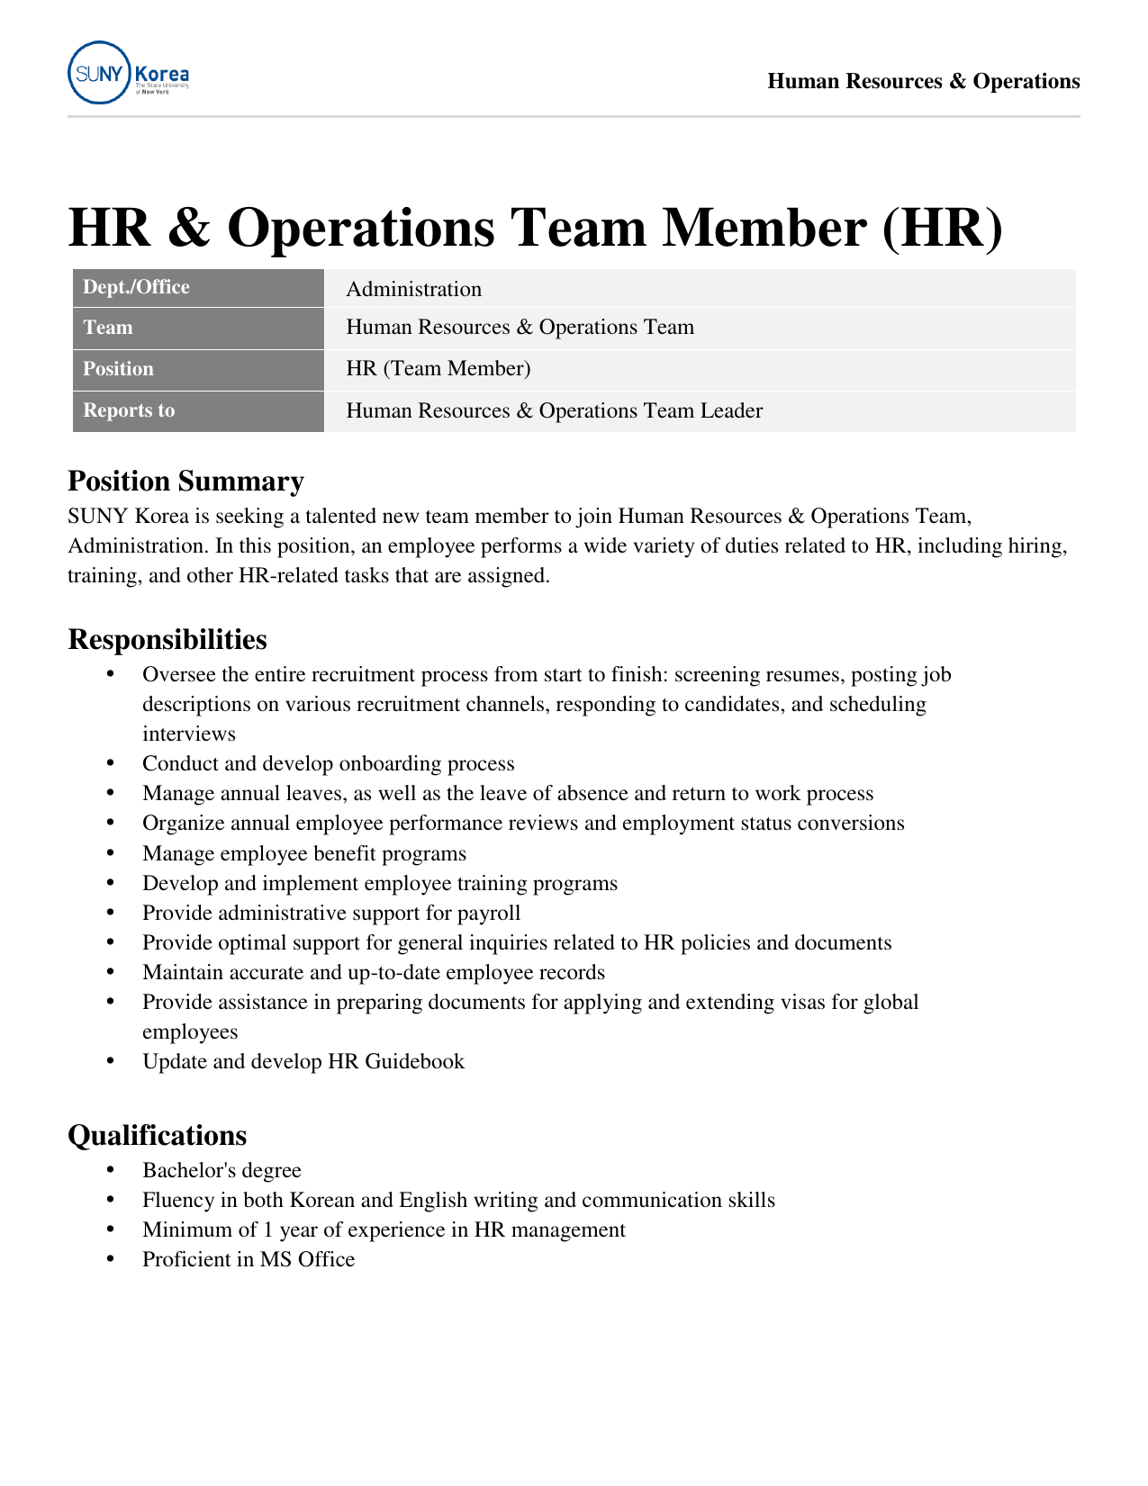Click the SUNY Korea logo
[128, 73]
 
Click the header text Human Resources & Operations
[923, 82]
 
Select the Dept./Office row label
[136, 288]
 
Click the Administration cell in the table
[413, 289]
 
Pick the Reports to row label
[129, 411]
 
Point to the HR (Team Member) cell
[438, 369]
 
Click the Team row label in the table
[107, 328]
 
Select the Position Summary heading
[185, 482]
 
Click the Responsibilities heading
[167, 640]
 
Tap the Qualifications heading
[157, 1136]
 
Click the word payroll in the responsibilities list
[489, 914]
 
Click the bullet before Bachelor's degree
[111, 1170]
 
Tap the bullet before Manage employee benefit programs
[111, 853]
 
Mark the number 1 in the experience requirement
[267, 1230]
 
